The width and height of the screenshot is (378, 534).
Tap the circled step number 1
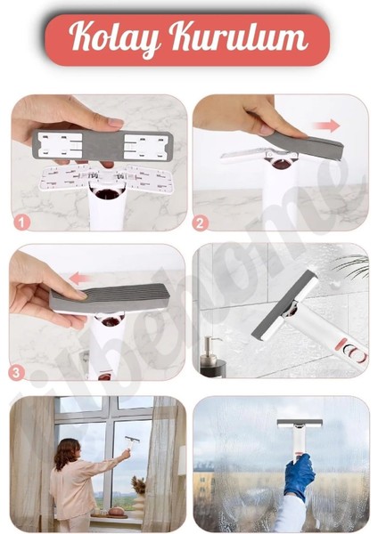pos(22,221)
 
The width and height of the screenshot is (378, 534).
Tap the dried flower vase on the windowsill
pos(138,489)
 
